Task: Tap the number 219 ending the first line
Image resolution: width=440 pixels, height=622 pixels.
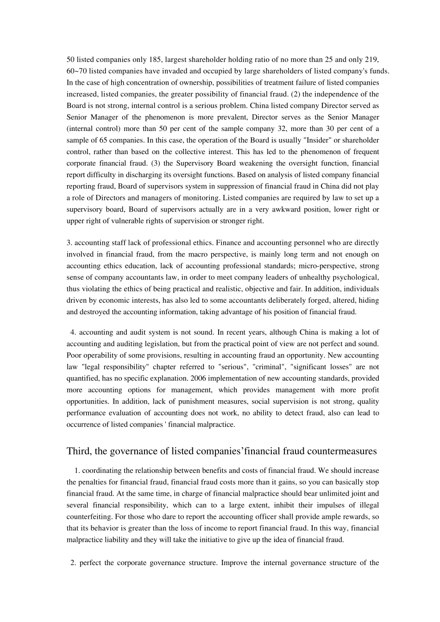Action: pyautogui.click(x=372, y=60)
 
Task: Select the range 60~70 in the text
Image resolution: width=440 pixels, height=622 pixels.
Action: pyautogui.click(x=76, y=71)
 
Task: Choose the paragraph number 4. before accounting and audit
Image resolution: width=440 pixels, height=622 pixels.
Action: pyautogui.click(x=73, y=332)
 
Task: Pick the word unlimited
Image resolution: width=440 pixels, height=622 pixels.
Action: pyautogui.click(x=323, y=494)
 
